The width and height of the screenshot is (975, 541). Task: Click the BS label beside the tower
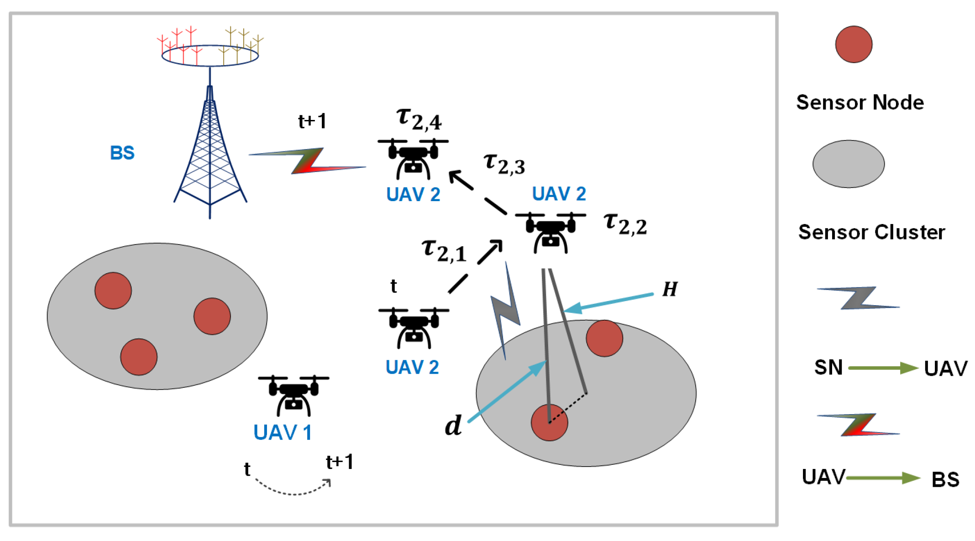click(x=122, y=153)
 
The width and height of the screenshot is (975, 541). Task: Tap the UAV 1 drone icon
click(x=294, y=395)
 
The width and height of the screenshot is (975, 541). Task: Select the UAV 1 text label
click(x=283, y=432)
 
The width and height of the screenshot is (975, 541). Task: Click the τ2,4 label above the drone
click(x=419, y=119)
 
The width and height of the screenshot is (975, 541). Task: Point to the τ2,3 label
click(x=504, y=164)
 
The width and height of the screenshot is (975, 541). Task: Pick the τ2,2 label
click(x=625, y=224)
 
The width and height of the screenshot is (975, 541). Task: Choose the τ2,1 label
click(x=444, y=251)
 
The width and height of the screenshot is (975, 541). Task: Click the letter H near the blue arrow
click(x=670, y=289)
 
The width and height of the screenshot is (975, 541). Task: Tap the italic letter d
click(x=453, y=426)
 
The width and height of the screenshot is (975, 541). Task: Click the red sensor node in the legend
click(x=854, y=44)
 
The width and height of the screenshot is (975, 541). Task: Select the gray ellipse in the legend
click(x=849, y=164)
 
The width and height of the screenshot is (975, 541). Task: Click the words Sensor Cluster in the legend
click(x=871, y=232)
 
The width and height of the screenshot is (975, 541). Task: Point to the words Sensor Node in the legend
click(x=860, y=103)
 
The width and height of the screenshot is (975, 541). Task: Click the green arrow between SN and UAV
click(x=883, y=368)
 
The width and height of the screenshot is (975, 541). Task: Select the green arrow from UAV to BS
click(x=883, y=478)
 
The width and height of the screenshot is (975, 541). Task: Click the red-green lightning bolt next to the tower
click(x=308, y=161)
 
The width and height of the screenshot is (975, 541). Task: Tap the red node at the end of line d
click(x=549, y=422)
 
